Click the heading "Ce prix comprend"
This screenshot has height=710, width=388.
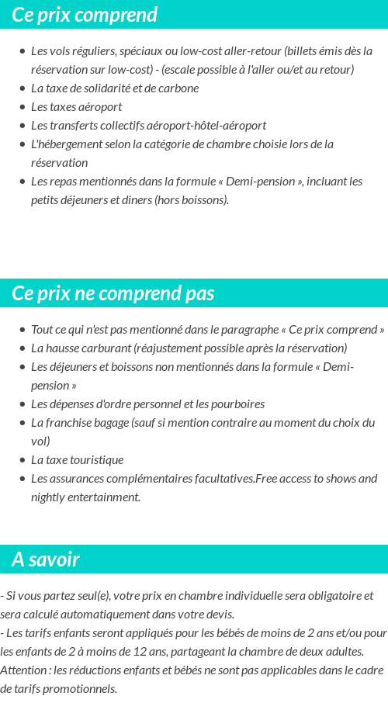coord(85,15)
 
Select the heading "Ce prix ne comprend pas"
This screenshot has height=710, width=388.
coord(113,293)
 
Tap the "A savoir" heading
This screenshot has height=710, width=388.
coord(46,559)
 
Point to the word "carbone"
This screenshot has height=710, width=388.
coord(178,88)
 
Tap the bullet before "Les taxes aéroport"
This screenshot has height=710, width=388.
coord(23,107)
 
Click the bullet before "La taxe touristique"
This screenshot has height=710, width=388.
coord(23,460)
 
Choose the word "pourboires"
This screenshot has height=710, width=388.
coord(237,403)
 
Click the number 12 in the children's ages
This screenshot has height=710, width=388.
coord(168,651)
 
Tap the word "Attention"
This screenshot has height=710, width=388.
coord(23,670)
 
